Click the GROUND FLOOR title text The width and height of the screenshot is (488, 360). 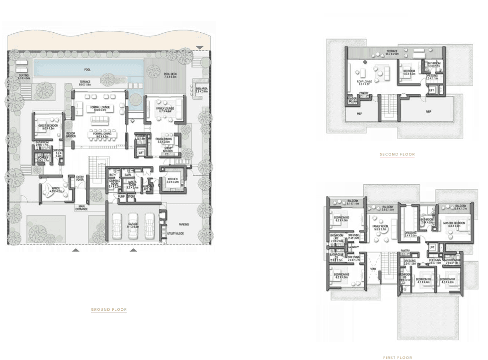(x=108, y=310)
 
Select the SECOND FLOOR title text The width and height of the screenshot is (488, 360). (x=397, y=154)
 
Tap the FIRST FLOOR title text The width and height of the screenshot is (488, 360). (x=397, y=357)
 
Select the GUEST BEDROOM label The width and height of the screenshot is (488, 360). (x=48, y=127)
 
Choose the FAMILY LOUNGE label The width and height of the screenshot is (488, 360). (x=164, y=110)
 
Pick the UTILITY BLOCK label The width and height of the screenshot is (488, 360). (x=175, y=233)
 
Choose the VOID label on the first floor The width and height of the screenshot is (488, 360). (x=373, y=269)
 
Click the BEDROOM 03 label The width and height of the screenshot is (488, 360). (x=341, y=276)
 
